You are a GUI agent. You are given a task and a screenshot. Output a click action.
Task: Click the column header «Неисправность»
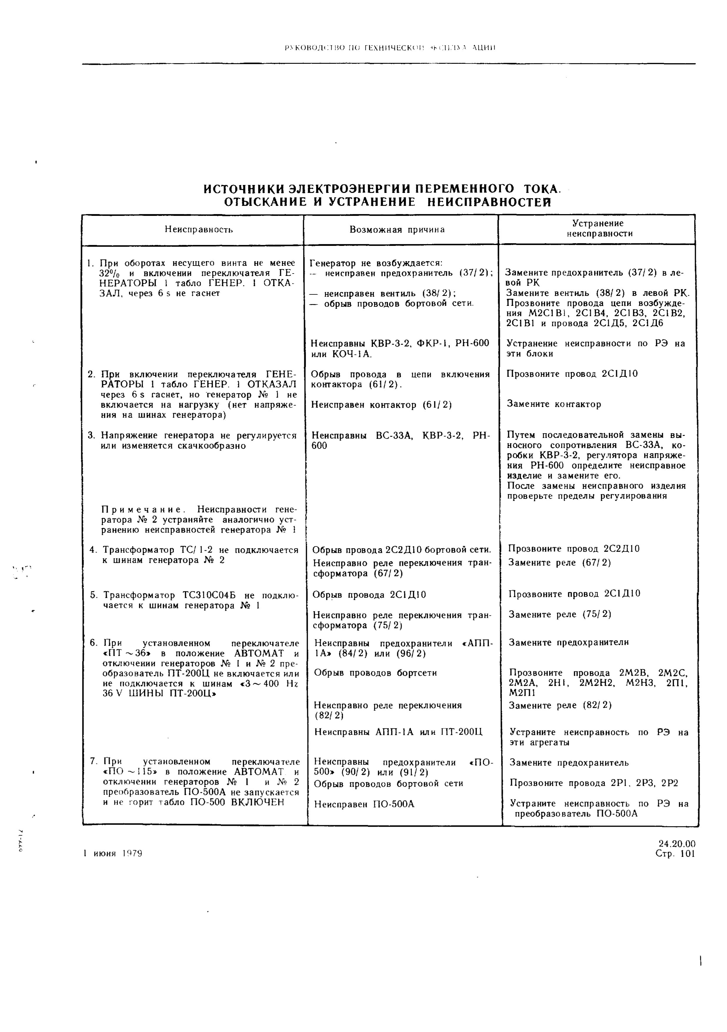click(x=198, y=230)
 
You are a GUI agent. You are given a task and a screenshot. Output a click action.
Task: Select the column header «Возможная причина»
click(x=397, y=230)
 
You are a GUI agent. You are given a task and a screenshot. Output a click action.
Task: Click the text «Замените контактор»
click(x=554, y=404)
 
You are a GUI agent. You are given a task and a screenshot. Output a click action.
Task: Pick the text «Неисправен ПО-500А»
click(x=364, y=804)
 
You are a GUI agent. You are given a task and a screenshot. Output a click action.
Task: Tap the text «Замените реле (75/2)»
click(x=560, y=614)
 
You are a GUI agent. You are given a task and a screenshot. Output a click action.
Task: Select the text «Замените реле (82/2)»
click(x=560, y=705)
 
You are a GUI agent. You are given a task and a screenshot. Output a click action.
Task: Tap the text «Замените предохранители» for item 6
click(x=569, y=642)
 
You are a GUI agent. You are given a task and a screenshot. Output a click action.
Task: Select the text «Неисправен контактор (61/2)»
click(x=381, y=405)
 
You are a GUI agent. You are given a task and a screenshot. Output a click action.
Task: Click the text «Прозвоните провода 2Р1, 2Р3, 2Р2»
click(x=593, y=783)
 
